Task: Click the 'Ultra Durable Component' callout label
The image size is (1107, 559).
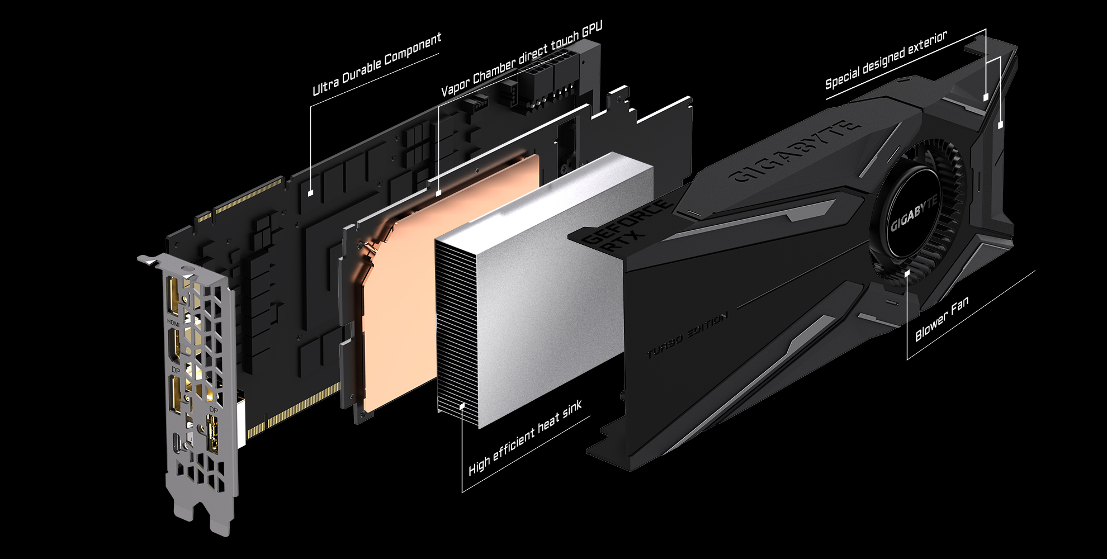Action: (x=377, y=64)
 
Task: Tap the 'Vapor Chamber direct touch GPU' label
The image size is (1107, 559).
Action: (x=522, y=60)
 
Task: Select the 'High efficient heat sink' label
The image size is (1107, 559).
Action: (x=526, y=438)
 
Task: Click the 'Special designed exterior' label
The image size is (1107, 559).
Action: (x=886, y=60)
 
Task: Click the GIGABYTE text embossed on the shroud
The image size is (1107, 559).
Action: (x=794, y=151)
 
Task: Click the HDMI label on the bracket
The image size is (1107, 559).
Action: (x=174, y=323)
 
